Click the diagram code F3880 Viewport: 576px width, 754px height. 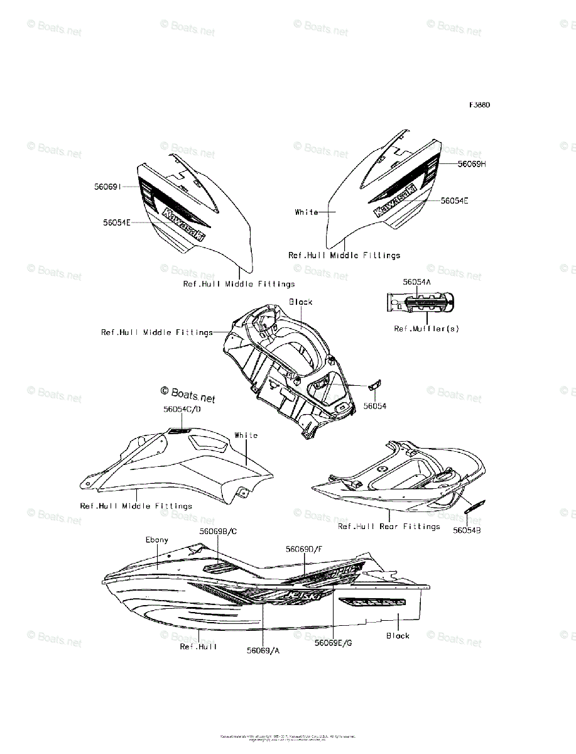479,105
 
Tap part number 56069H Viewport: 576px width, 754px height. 472,164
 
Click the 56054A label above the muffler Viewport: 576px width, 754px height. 417,283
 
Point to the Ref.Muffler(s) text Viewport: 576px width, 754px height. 427,329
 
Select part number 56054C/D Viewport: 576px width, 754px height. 182,409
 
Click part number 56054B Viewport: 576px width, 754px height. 467,530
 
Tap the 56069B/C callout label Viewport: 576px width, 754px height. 218,531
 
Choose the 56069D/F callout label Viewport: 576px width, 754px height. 305,549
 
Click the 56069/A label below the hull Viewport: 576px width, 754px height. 263,650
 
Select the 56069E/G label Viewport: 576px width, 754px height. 334,643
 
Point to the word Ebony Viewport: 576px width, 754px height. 157,540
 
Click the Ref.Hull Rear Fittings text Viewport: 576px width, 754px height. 389,527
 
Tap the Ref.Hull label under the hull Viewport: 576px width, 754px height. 198,646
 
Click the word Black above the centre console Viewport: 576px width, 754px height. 300,302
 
